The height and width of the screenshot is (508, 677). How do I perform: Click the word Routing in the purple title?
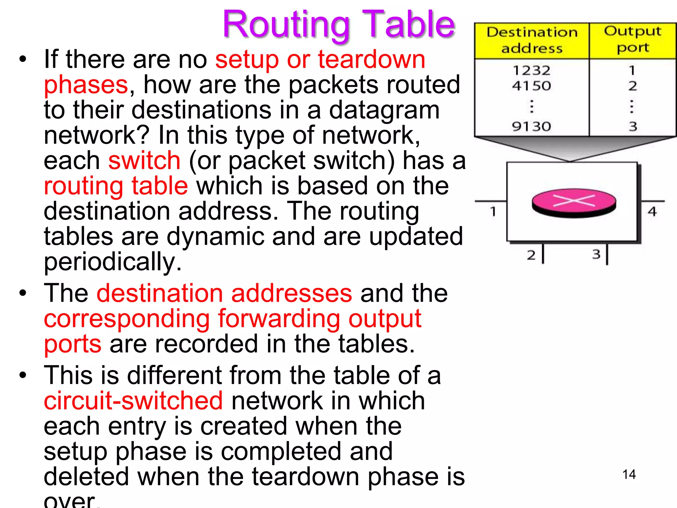point(286,25)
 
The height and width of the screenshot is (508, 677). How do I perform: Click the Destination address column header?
point(532,40)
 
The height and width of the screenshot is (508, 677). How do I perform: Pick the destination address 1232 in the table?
point(532,70)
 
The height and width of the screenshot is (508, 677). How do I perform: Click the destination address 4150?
point(532,86)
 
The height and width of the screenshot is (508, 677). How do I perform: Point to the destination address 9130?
point(532,126)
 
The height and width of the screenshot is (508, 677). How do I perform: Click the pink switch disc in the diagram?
point(574,202)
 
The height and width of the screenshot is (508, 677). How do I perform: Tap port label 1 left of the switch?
point(493,211)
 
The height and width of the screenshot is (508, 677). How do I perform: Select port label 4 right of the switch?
point(652,211)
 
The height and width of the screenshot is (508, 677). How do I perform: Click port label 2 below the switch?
point(531,255)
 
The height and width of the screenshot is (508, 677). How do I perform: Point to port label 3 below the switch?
point(596,254)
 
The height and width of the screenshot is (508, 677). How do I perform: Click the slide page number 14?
point(629,475)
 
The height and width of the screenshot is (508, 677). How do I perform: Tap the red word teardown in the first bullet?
point(372,60)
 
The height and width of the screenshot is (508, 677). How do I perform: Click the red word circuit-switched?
point(133,401)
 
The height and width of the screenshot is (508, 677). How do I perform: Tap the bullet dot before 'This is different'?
point(22,375)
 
